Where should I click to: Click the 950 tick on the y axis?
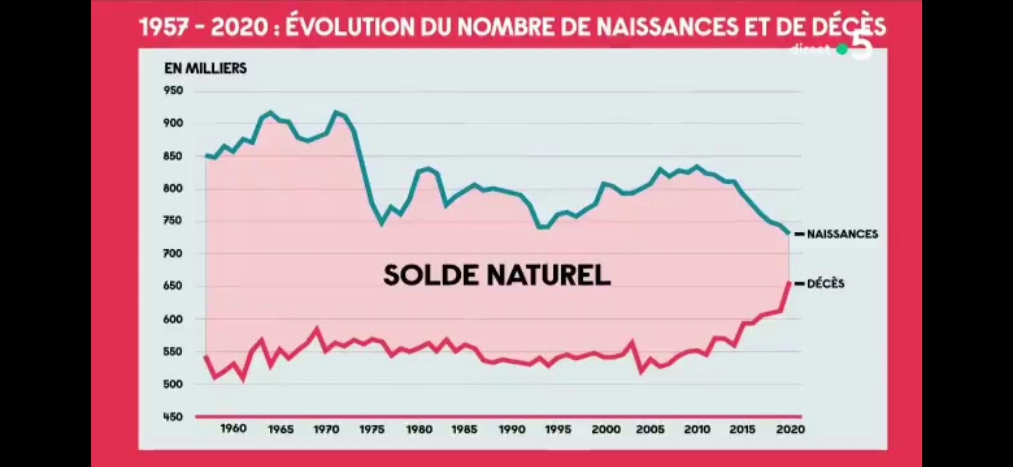point(173,91)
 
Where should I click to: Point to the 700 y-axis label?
point(173,253)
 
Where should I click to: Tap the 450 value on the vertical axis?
point(173,417)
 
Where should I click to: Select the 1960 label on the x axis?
point(233,429)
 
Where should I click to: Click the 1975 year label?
point(372,429)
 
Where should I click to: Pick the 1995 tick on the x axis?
point(558,429)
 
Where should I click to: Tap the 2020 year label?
point(790,429)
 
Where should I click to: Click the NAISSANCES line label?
point(842,234)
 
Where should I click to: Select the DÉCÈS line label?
point(826,284)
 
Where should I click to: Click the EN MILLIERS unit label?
point(205,68)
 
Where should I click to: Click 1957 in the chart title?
point(164,27)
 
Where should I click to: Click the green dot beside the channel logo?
point(842,50)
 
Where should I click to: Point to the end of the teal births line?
point(788,233)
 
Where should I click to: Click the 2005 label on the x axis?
point(650,429)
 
